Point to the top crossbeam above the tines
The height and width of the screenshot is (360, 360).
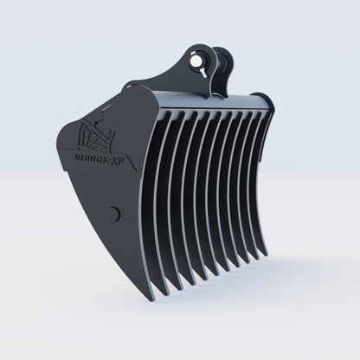(x=216, y=100)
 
